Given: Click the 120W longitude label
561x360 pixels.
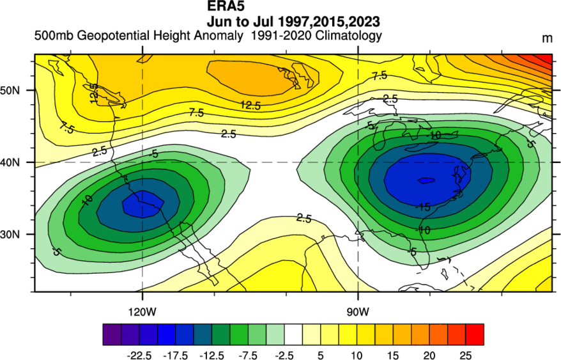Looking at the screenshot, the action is pyautogui.click(x=142, y=312).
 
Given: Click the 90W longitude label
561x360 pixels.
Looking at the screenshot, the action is pyautogui.click(x=357, y=312).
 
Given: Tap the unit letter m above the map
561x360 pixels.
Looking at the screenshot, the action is pyautogui.click(x=548, y=38).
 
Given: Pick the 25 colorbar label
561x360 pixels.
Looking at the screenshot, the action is pyautogui.click(x=465, y=356).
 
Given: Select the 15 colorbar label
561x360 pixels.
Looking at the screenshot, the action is pyautogui.click(x=393, y=356).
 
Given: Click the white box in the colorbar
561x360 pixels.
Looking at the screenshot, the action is pyautogui.click(x=293, y=334).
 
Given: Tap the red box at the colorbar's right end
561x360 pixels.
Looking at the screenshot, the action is pyautogui.click(x=475, y=334).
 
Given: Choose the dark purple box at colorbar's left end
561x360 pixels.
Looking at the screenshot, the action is pyautogui.click(x=112, y=334).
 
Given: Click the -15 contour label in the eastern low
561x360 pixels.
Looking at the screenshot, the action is pyautogui.click(x=422, y=207).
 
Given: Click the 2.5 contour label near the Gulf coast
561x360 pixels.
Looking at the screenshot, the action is pyautogui.click(x=304, y=218).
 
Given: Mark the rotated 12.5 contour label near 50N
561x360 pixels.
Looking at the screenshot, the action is pyautogui.click(x=94, y=93).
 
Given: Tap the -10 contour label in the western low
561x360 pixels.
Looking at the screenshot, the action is pyautogui.click(x=87, y=200).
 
